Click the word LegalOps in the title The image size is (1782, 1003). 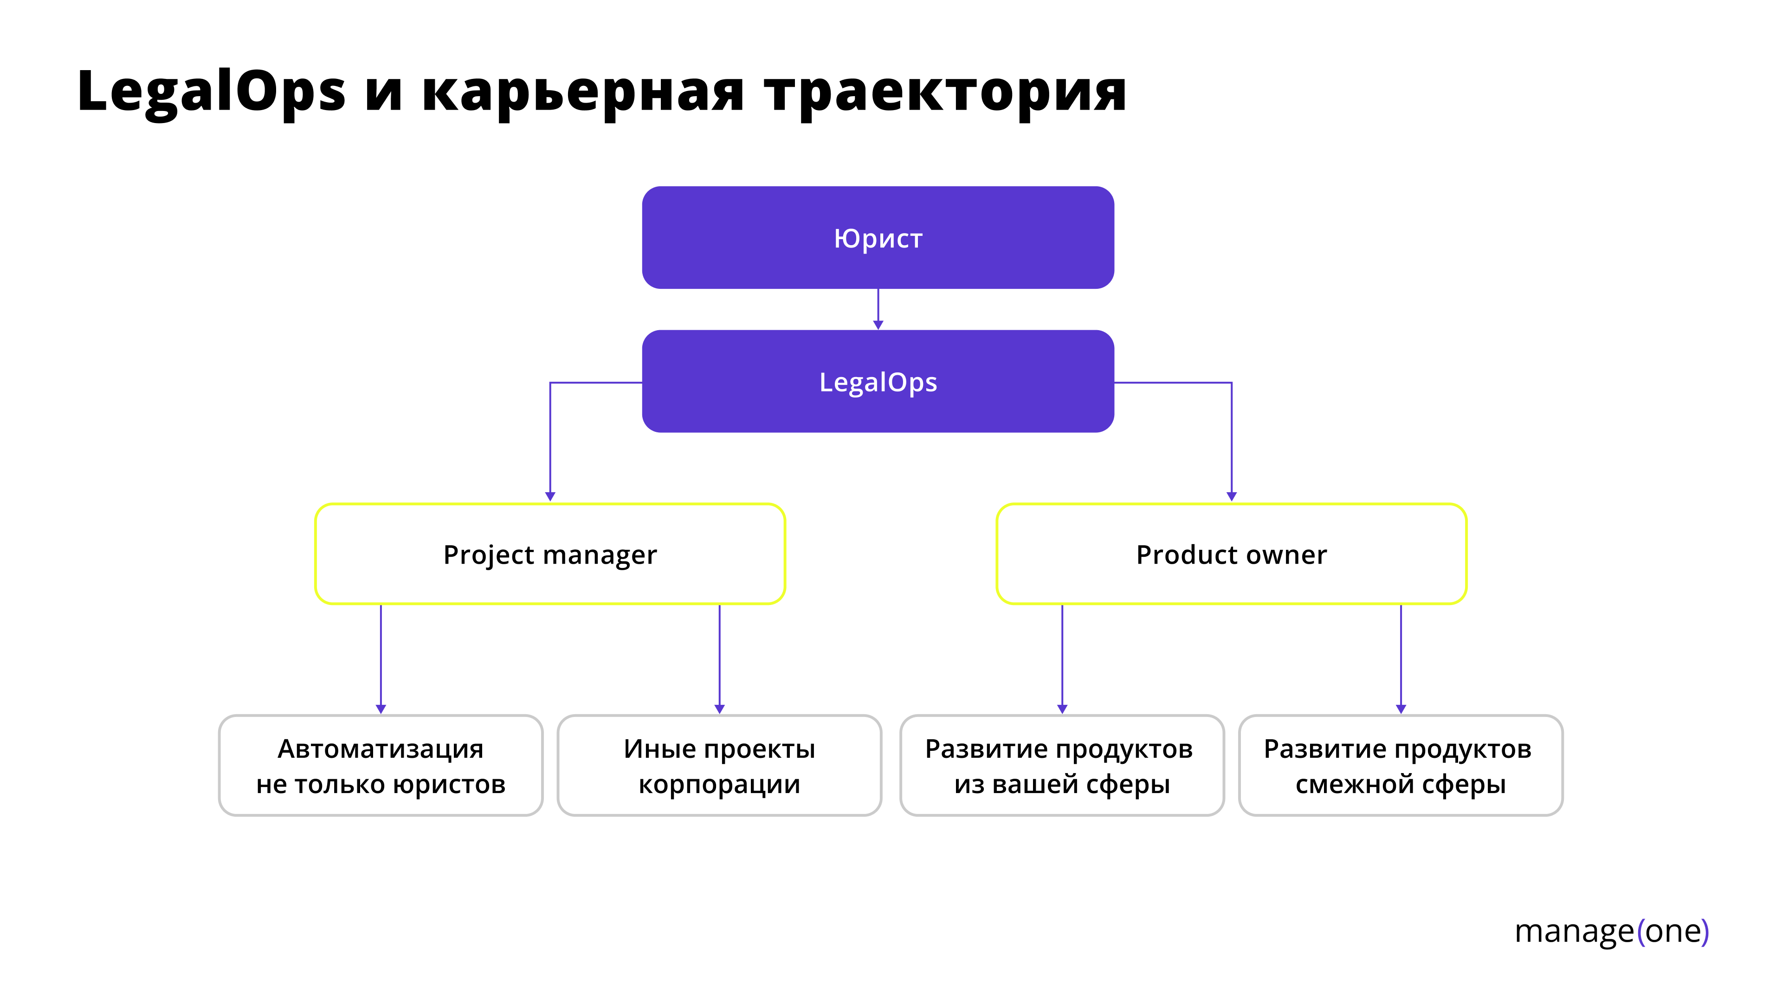click(x=211, y=92)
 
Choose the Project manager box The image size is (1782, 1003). click(x=550, y=554)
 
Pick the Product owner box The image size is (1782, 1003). click(x=1231, y=554)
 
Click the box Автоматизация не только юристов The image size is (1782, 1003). click(x=381, y=766)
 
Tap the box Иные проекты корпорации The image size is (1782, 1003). click(x=719, y=766)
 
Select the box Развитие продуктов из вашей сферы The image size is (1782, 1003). click(x=1061, y=766)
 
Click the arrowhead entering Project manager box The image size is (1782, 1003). click(x=550, y=495)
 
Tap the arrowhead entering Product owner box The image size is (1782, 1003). click(x=1231, y=495)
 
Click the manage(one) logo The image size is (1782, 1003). click(x=1611, y=931)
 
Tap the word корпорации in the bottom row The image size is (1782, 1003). click(x=719, y=784)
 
